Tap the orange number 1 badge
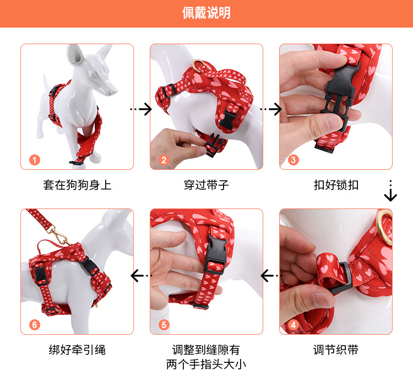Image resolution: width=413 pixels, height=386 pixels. coord(35,160)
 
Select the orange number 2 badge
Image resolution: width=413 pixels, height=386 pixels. coord(164,160)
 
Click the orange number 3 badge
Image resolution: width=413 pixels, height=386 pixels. coord(294,160)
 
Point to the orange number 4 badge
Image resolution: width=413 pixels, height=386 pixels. coord(294,325)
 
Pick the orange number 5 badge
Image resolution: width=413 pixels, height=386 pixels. coord(164,325)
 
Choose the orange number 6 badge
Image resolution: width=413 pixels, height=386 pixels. coord(35,325)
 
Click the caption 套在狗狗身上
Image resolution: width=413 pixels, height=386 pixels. coord(77,185)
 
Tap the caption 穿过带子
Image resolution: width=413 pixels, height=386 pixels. coord(206,185)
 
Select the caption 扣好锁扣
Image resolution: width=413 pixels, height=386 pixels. coord(336,185)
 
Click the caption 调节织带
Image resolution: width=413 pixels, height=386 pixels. coord(336,350)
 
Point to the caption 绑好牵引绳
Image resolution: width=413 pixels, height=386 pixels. coord(77,350)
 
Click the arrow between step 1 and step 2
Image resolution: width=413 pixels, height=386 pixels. coord(142,109)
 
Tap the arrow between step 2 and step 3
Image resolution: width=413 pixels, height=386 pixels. coord(271,109)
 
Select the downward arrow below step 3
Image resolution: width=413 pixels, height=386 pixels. coord(390,191)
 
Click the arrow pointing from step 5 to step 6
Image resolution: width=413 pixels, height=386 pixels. coord(142,275)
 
